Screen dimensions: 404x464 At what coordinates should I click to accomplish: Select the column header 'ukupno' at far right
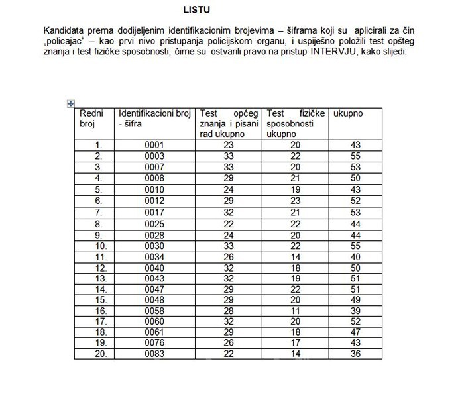348,113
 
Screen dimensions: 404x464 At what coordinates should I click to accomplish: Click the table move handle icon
71,103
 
